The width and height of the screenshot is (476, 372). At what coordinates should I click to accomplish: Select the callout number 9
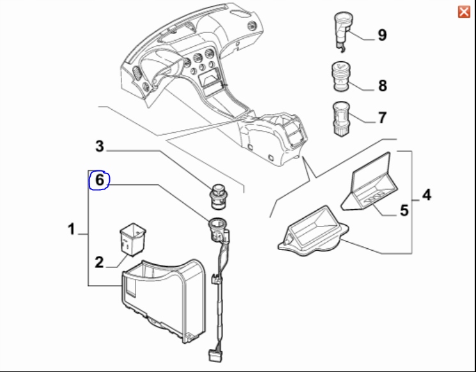(382, 34)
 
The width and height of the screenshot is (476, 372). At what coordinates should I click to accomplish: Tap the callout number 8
(382, 85)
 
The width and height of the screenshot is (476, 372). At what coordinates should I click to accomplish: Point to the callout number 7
(382, 118)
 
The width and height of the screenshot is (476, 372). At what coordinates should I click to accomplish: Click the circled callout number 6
(99, 181)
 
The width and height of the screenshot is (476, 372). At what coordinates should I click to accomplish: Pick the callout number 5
(404, 210)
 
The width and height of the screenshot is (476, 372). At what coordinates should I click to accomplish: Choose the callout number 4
(426, 194)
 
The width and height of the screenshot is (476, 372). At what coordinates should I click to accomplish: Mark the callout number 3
(99, 147)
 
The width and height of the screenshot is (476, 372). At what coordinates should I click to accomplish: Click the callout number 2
(99, 262)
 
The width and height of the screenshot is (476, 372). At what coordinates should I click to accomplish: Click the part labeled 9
(341, 28)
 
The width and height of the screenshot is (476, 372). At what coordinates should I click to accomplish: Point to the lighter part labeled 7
(339, 116)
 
